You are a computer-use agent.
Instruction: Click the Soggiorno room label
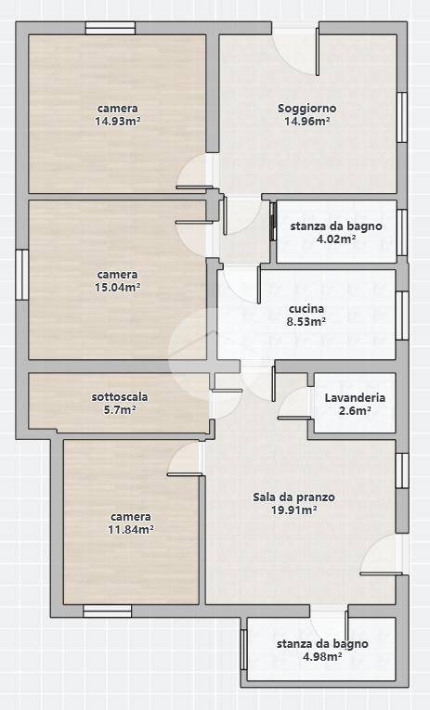click(306, 108)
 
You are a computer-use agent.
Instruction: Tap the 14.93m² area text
click(117, 121)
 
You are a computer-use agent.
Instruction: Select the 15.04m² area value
click(117, 288)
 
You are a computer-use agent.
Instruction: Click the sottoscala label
click(120, 396)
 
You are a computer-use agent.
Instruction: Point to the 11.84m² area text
click(131, 530)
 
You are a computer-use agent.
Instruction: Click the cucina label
click(306, 308)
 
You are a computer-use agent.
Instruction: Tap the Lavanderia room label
click(354, 397)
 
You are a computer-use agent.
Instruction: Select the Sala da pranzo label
click(293, 497)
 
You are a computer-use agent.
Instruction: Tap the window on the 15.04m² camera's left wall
click(21, 275)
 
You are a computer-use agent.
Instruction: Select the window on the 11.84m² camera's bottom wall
click(107, 611)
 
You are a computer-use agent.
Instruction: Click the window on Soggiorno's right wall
click(403, 116)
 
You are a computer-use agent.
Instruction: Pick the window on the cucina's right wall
click(403, 316)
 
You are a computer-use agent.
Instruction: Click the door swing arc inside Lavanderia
click(294, 403)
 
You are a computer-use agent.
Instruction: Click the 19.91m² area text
click(293, 510)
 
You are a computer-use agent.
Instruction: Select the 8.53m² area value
click(306, 322)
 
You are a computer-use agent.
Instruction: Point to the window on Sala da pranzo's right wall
click(402, 471)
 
